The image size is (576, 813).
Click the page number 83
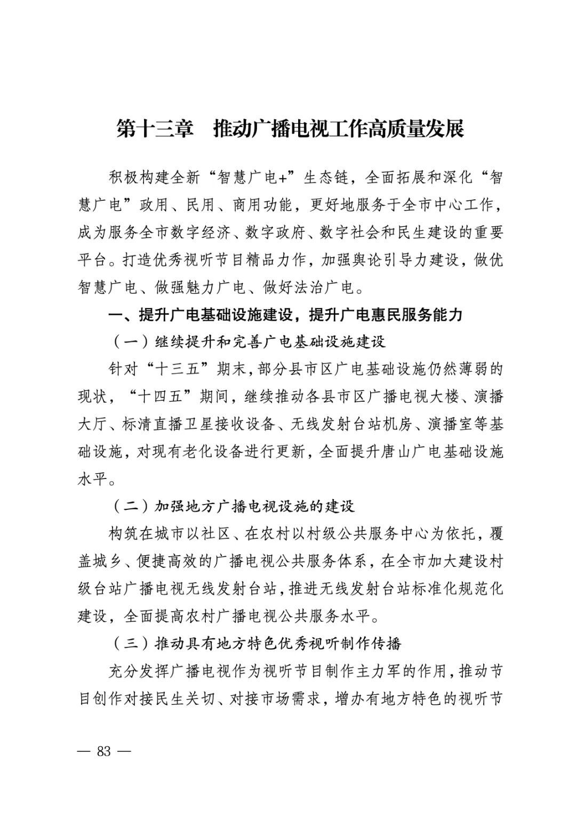104,751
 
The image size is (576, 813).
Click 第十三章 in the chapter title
155,129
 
